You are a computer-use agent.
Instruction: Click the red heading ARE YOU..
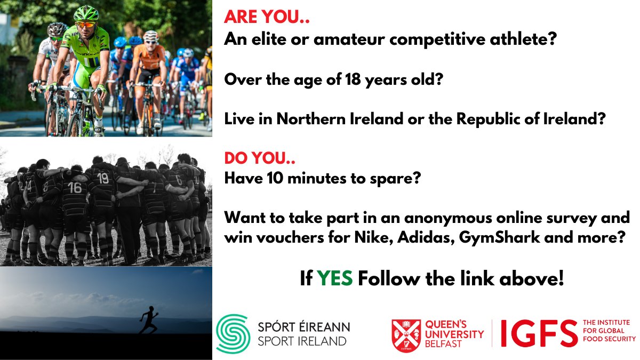tap(267, 18)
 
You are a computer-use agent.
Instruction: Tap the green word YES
tap(335, 279)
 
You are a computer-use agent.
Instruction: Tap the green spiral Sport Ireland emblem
tap(233, 333)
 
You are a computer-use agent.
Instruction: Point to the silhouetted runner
tap(148, 319)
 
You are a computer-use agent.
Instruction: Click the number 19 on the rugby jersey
tap(103, 178)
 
